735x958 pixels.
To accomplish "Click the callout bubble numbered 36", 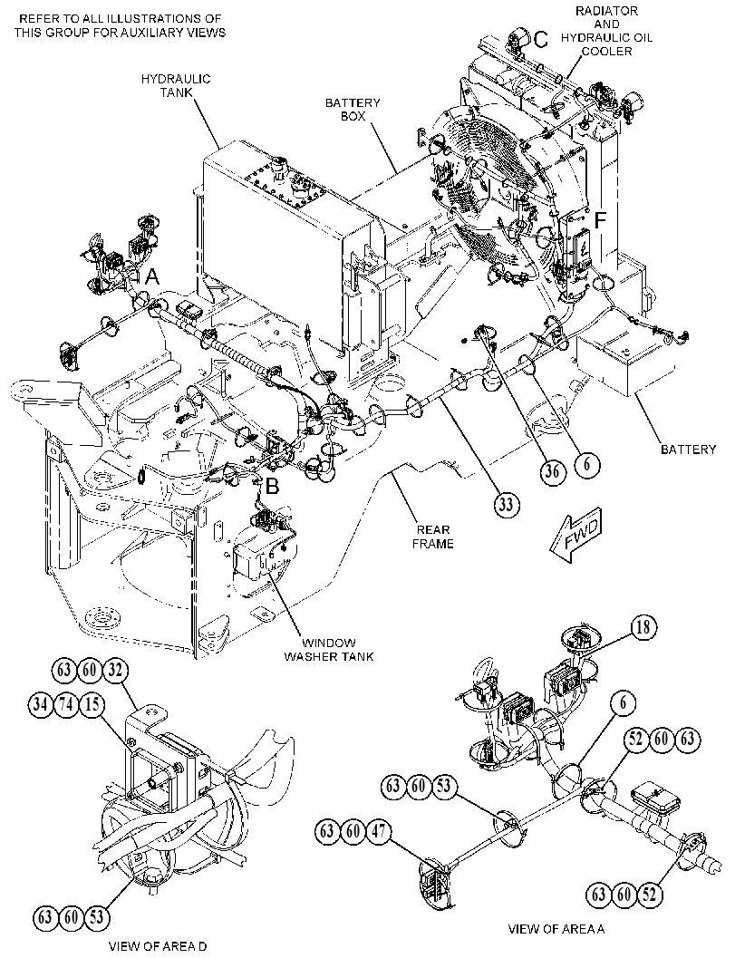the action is pyautogui.click(x=552, y=472).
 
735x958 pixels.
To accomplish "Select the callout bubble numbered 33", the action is pyautogui.click(x=507, y=505).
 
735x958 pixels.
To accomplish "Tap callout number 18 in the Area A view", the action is pyautogui.click(x=644, y=627).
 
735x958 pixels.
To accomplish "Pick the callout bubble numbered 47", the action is pyautogui.click(x=379, y=831).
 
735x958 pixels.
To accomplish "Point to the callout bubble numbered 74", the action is pyautogui.click(x=65, y=704).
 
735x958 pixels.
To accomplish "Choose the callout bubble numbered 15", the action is pyautogui.click(x=91, y=704).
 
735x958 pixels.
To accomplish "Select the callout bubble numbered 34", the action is pyautogui.click(x=40, y=704).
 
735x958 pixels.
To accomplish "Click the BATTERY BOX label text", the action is pyautogui.click(x=353, y=109).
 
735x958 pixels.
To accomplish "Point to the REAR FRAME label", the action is pyautogui.click(x=432, y=537).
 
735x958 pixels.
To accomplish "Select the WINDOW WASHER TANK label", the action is pyautogui.click(x=329, y=650).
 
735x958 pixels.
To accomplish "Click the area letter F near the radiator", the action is pyautogui.click(x=600, y=220).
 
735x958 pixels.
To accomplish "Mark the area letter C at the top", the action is pyautogui.click(x=541, y=40).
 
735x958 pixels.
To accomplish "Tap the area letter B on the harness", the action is pyautogui.click(x=272, y=486).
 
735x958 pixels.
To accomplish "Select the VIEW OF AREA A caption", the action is pyautogui.click(x=556, y=929).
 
